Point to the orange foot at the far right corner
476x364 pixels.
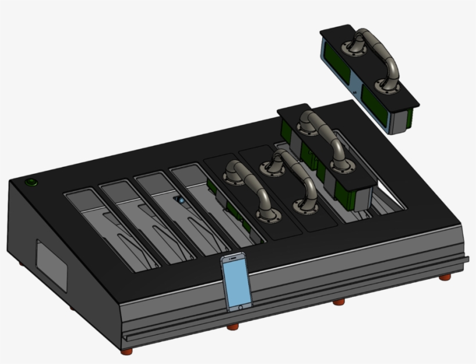click(444, 277)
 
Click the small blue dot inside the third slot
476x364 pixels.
click(181, 200)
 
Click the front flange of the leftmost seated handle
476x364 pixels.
click(265, 216)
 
